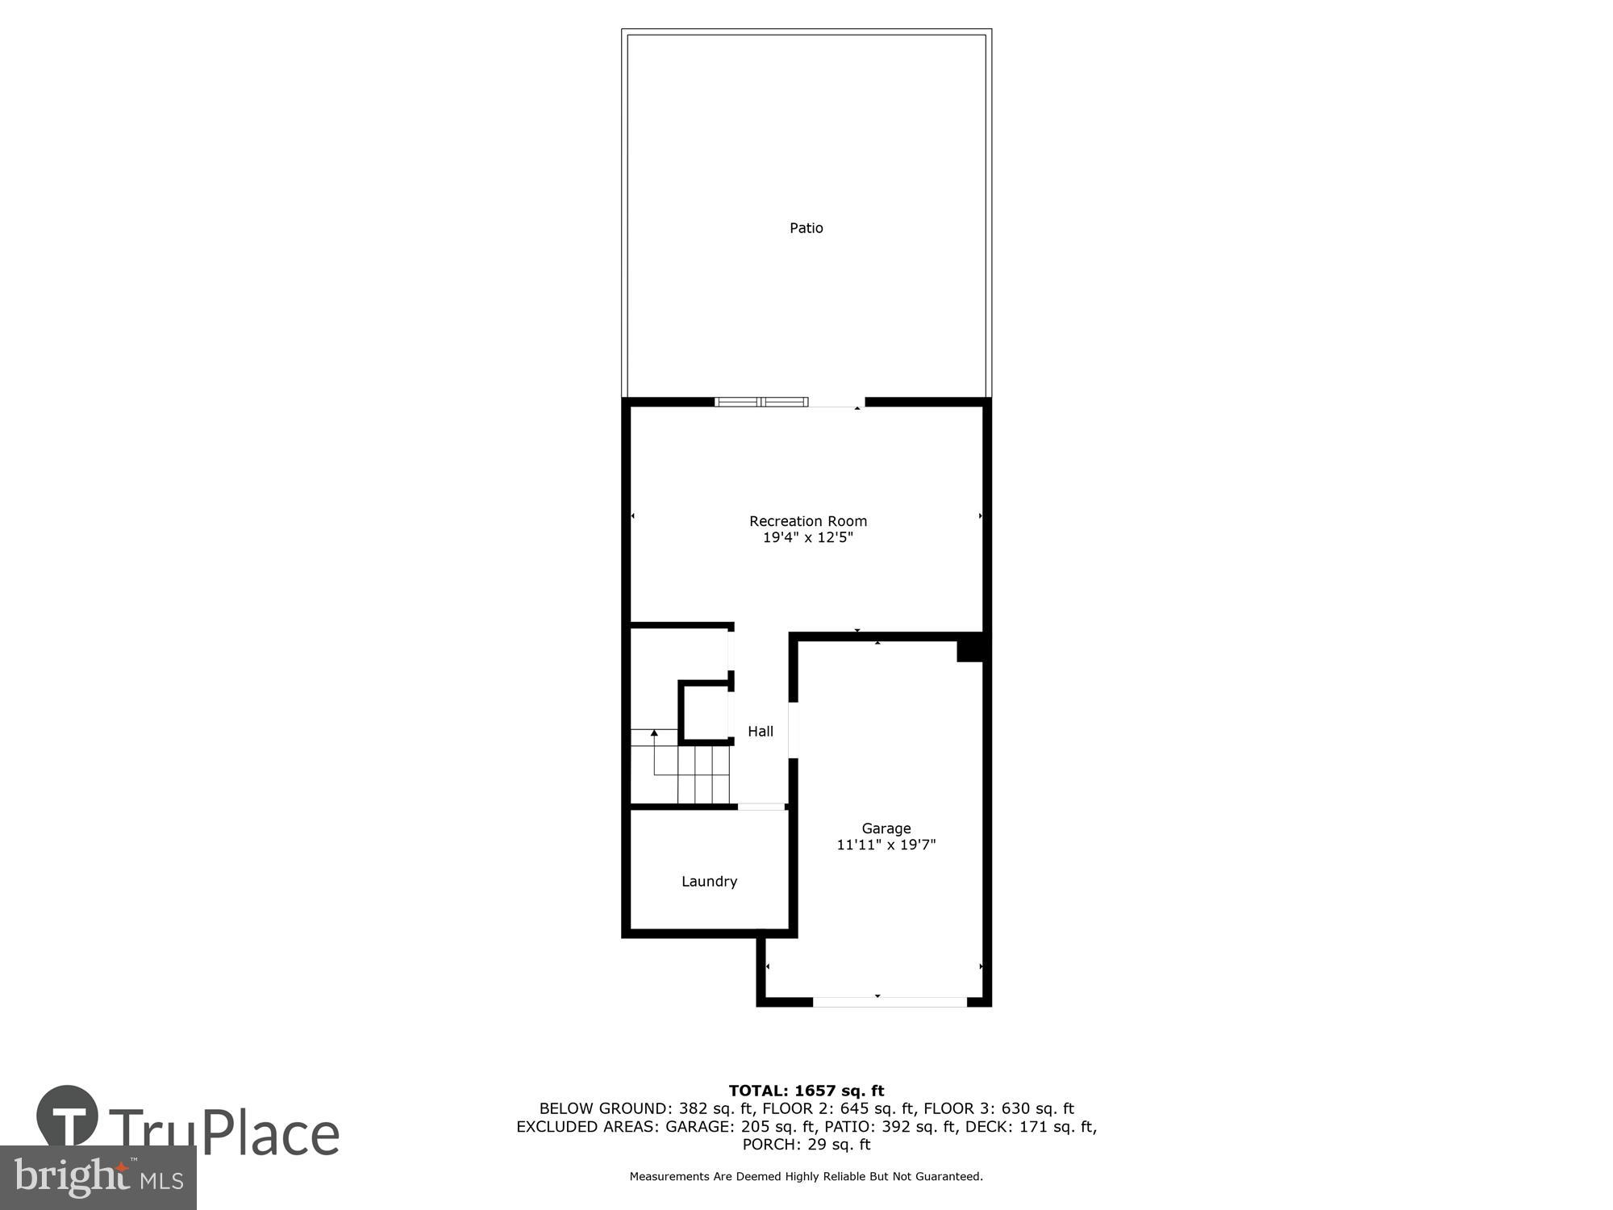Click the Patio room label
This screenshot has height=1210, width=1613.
click(x=806, y=228)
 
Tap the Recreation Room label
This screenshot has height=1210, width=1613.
click(x=807, y=521)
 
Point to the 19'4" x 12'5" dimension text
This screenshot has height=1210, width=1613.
click(x=807, y=538)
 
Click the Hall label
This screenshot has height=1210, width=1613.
click(x=760, y=732)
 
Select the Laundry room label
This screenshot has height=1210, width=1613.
click(x=709, y=882)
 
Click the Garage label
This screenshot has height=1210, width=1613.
click(x=886, y=828)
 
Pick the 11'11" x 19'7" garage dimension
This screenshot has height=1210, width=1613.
click(x=886, y=845)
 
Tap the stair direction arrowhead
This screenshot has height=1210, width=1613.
click(x=654, y=732)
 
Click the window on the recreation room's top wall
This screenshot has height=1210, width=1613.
click(x=761, y=402)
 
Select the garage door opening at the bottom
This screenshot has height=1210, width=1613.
click(x=889, y=1002)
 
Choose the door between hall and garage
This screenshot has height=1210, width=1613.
click(x=793, y=730)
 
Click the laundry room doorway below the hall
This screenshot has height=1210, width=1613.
click(x=761, y=807)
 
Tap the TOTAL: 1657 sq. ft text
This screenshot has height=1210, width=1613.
click(x=806, y=1091)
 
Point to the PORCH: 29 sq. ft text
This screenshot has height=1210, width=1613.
click(x=806, y=1145)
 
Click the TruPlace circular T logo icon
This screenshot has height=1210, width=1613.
click(x=68, y=1116)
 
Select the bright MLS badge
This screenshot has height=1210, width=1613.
click(x=98, y=1178)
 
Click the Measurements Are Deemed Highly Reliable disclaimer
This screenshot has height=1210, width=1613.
click(x=806, y=1177)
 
